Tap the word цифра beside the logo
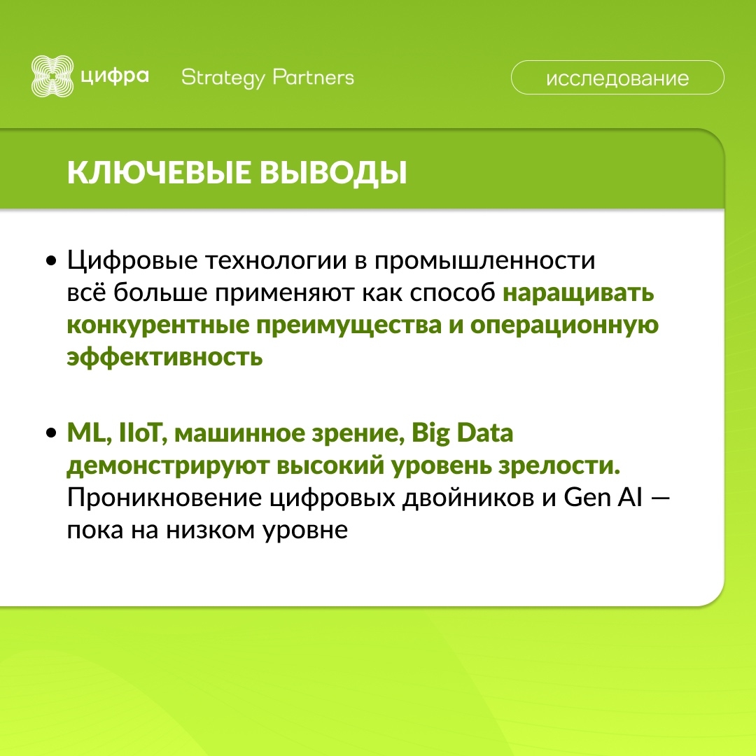pos(114,76)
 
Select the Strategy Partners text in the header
pos(267,78)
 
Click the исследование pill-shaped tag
pos(617,78)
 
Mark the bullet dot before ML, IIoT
pos(51,434)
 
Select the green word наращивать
pos(579,293)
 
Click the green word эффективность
pos(164,358)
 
